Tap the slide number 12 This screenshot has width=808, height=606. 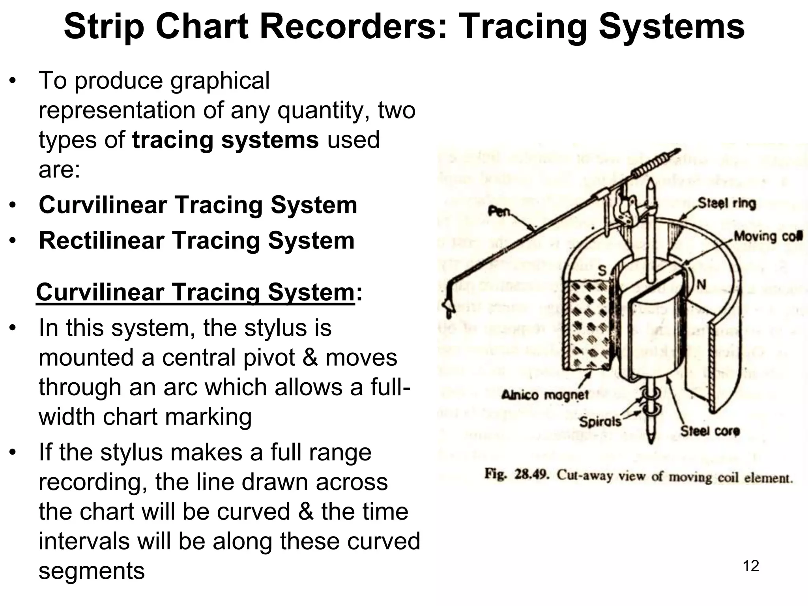click(751, 566)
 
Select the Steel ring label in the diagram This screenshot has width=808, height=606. click(727, 204)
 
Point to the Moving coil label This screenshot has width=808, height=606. click(767, 237)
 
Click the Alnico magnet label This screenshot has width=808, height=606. click(545, 395)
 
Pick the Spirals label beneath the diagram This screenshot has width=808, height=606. click(600, 422)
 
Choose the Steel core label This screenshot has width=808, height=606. click(710, 431)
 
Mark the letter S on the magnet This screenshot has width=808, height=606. click(602, 271)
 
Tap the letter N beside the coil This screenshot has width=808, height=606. click(701, 284)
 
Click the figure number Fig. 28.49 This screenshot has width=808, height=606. click(517, 474)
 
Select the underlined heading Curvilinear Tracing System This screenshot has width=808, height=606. click(195, 292)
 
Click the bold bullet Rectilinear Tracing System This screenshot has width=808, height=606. click(196, 240)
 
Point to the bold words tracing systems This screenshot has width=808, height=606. click(225, 140)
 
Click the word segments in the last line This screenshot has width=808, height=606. click(92, 570)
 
